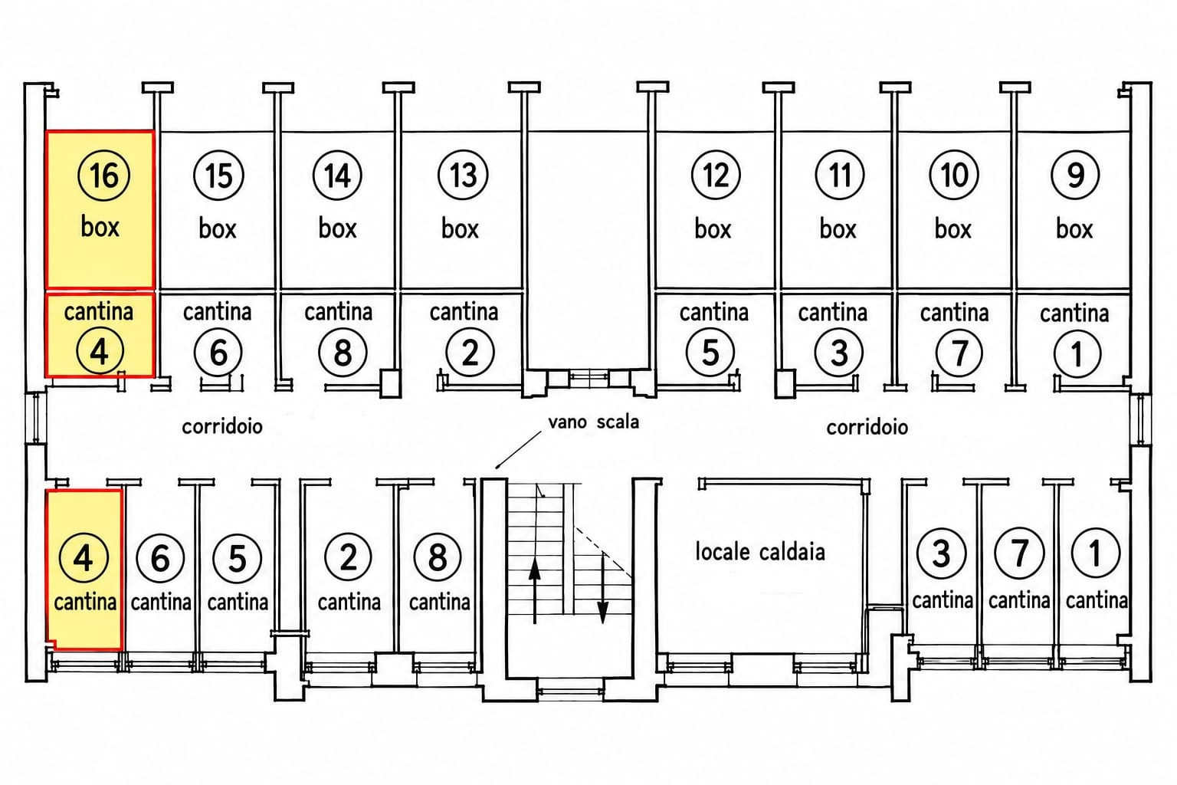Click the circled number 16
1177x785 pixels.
103,175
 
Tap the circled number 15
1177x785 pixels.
218,176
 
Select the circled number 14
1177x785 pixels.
337,176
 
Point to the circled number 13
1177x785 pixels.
463,176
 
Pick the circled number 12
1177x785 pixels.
716,175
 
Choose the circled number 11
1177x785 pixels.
840,175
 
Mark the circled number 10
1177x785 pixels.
954,175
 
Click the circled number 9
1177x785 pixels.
1076,175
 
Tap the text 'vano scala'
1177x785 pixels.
594,422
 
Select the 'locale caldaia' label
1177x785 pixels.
760,552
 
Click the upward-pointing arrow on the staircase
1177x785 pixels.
534,592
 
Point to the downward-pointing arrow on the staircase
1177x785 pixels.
603,589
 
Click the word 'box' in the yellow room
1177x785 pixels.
100,227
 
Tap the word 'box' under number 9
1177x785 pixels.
1074,228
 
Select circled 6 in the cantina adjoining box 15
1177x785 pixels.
218,353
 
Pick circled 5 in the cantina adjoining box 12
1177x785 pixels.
710,353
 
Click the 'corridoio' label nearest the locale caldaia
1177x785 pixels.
867,428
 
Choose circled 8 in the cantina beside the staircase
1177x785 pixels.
438,557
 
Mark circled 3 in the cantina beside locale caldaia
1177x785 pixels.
941,553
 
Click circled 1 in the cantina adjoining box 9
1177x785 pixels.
1077,353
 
